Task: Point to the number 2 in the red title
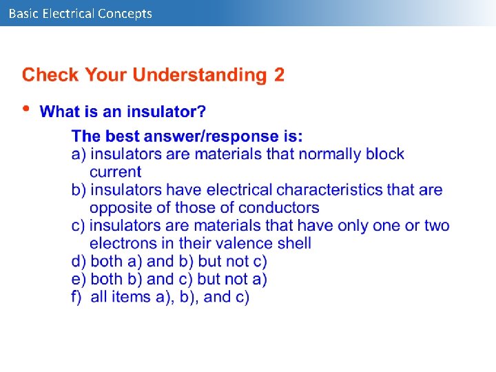click(279, 74)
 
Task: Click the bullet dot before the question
click(26, 109)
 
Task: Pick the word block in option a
click(385, 154)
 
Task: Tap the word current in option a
click(115, 172)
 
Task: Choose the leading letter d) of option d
click(79, 262)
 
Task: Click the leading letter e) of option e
click(79, 280)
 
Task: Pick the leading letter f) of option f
click(77, 298)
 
